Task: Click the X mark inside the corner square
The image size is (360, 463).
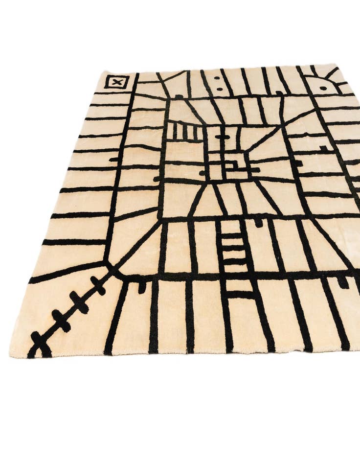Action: (x=116, y=82)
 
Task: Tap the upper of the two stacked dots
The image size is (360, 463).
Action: (x=216, y=78)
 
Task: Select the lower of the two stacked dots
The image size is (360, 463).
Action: (x=219, y=90)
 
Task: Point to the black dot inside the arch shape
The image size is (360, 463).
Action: (x=323, y=89)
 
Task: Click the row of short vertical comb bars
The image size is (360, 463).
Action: (x=183, y=132)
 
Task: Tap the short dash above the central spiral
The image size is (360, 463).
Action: (x=223, y=137)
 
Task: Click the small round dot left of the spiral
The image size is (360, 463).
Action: (x=202, y=173)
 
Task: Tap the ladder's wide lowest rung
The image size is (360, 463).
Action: (x=241, y=294)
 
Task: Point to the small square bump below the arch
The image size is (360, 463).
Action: (x=323, y=147)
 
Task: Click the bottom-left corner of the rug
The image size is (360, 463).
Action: (x=11, y=353)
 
